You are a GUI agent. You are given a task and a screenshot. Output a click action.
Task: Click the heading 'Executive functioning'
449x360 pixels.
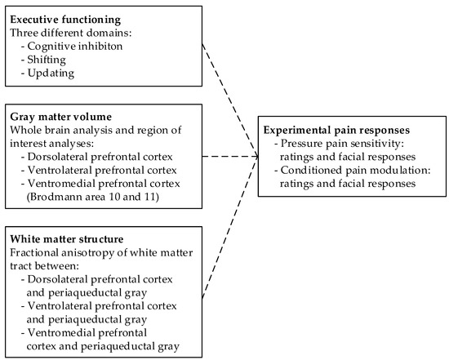click(64, 19)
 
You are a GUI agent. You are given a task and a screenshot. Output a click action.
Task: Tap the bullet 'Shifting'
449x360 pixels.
click(54, 60)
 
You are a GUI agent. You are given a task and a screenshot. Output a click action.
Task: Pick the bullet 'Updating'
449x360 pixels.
click(56, 73)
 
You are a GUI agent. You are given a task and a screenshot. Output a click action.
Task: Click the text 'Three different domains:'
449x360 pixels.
click(64, 33)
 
